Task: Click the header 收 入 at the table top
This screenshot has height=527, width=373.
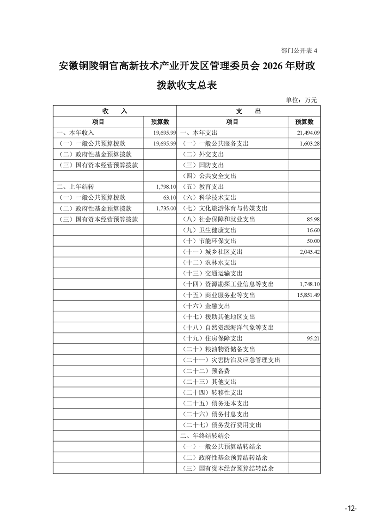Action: [x=115, y=111]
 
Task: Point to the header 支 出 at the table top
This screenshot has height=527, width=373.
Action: [x=248, y=111]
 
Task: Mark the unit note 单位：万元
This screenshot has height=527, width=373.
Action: [x=302, y=100]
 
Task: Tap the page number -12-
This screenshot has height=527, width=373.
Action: [x=350, y=509]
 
